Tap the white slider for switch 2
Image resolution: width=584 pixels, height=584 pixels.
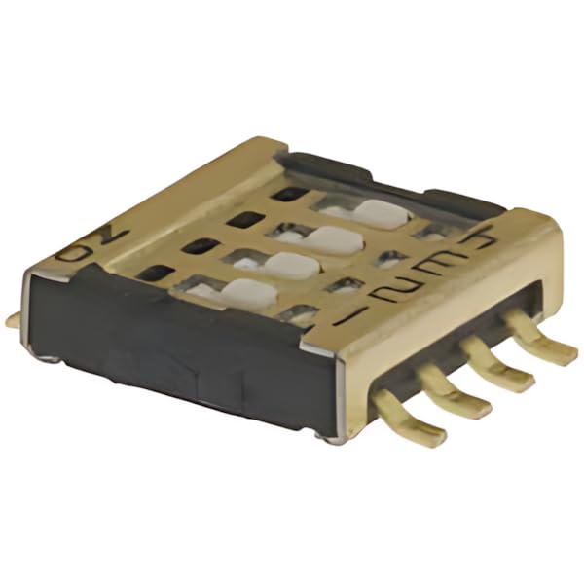[x=290, y=263]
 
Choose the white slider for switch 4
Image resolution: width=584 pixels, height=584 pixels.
[x=378, y=212]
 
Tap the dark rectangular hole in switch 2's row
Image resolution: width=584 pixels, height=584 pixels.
[x=199, y=247]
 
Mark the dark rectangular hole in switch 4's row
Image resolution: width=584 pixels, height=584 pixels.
[x=282, y=194]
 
